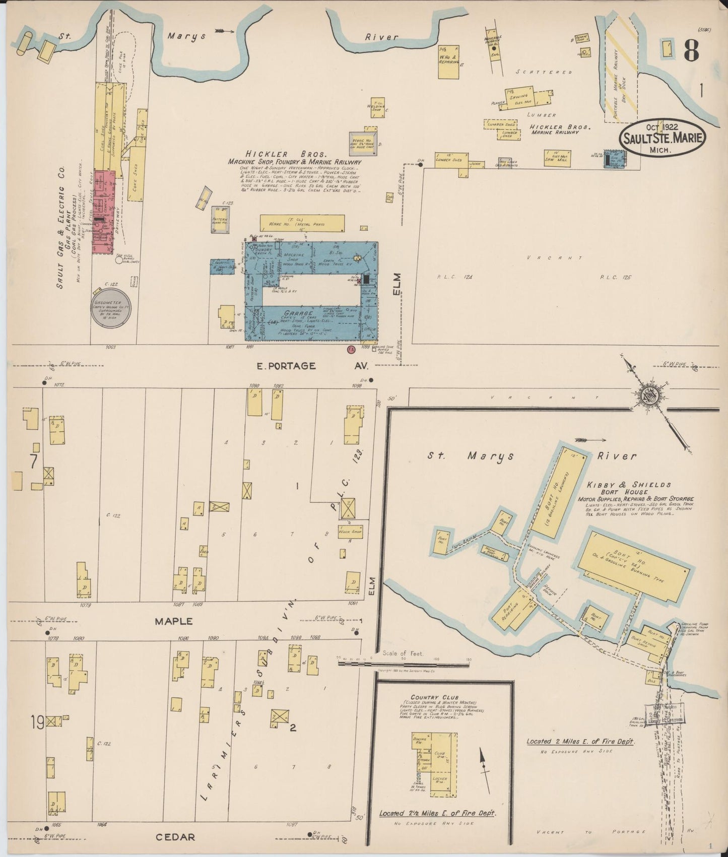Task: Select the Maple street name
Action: [173, 621]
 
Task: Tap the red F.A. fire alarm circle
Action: [351, 349]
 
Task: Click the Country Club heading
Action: [427, 697]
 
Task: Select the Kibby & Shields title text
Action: [628, 485]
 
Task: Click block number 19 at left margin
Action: [36, 722]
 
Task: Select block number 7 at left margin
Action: [33, 462]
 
